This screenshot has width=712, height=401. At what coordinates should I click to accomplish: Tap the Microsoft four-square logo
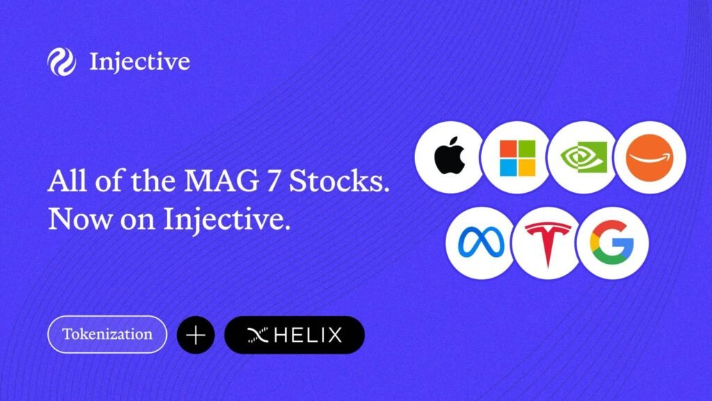pos(517,158)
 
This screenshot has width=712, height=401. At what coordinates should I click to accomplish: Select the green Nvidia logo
pos(584,157)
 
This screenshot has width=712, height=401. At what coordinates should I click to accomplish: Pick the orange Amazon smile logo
pos(650,158)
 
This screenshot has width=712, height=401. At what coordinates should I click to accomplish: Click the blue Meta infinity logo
pos(481,242)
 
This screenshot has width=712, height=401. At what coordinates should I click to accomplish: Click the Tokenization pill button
pos(107,335)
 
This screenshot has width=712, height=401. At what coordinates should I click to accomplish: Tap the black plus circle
pos(195,335)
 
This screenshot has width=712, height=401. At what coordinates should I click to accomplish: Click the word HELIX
pos(308,336)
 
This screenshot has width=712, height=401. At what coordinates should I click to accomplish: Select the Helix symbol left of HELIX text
pos(258,336)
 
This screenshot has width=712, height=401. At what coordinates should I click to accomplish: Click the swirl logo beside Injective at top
pos(61,62)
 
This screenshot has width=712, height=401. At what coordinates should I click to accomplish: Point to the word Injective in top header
pos(139,62)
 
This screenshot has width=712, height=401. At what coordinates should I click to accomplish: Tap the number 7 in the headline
pos(274,181)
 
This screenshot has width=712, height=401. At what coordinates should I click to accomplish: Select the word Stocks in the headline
pos(339,181)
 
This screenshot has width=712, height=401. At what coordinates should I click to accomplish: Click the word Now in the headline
pos(80,219)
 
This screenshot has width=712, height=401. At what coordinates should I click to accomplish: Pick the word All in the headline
pos(67,180)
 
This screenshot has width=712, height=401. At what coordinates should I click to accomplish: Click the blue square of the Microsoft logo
pos(508,167)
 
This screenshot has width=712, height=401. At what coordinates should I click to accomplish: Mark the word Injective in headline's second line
pos(227,220)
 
